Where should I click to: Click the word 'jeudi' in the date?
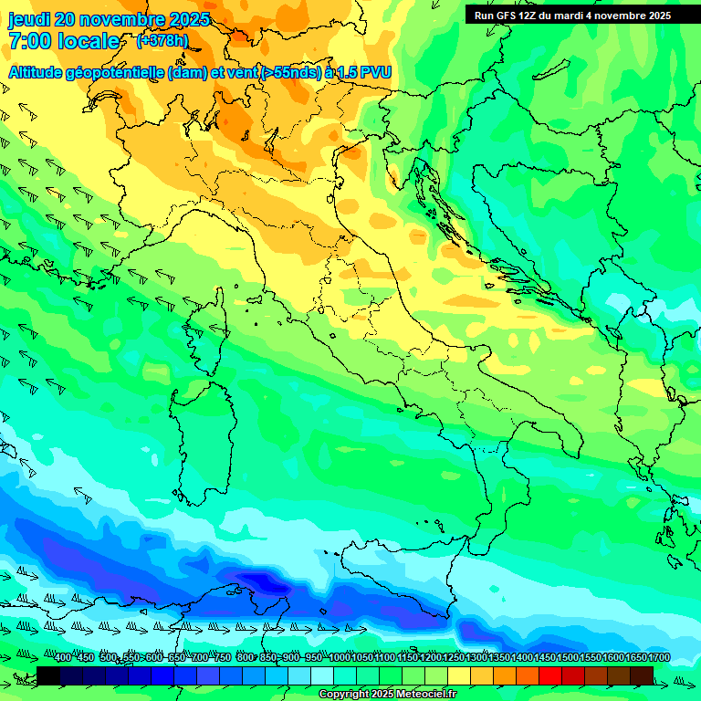point(28,19)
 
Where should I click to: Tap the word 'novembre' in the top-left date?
point(122,19)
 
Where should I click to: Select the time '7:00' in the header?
point(29,41)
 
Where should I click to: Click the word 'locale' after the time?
point(89,41)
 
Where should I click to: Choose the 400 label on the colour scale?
point(62,658)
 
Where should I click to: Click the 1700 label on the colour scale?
point(634,658)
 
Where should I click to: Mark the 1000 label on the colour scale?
point(339,658)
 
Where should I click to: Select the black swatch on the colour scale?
point(48,675)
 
